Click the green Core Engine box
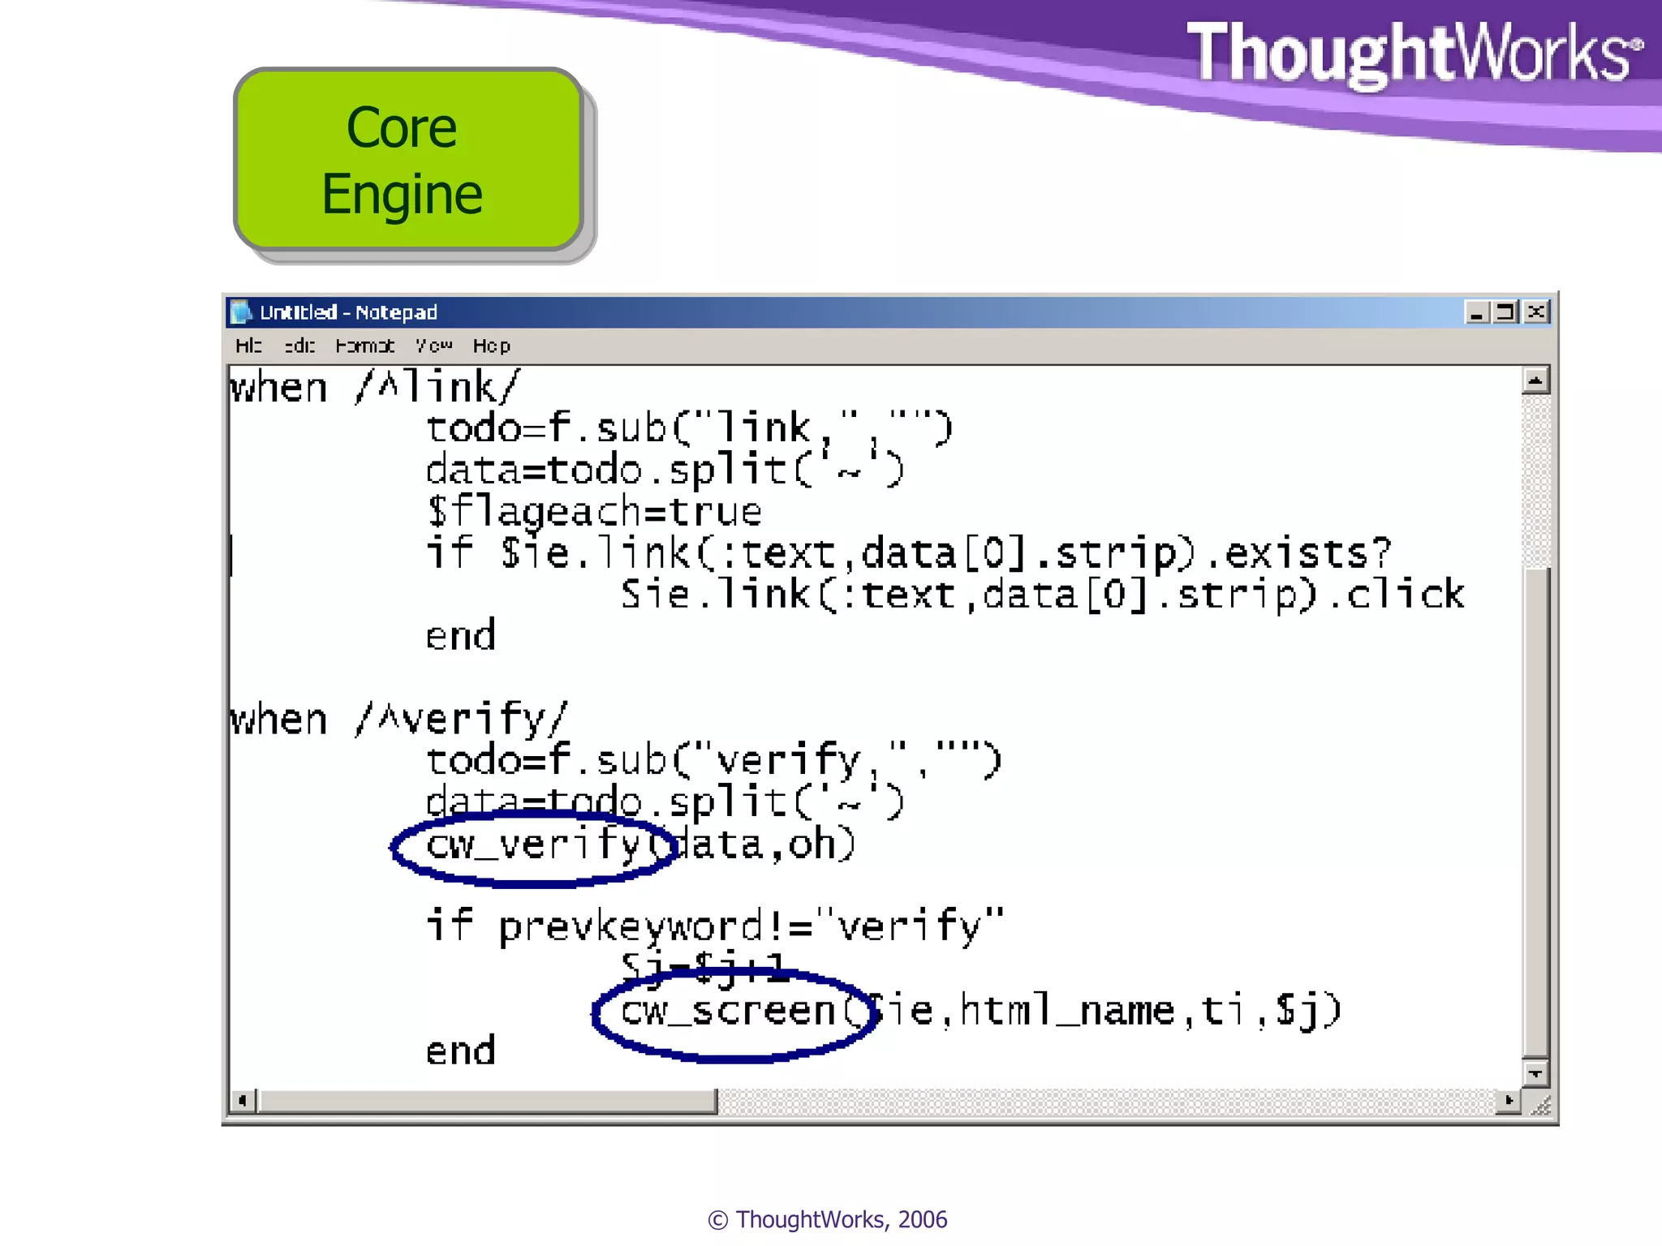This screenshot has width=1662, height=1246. coord(408,160)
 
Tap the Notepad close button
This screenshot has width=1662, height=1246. coord(1535,312)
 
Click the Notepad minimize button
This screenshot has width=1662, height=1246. coord(1476,312)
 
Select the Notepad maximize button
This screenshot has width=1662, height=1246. coord(1506,312)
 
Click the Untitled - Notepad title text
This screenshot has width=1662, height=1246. coord(348,312)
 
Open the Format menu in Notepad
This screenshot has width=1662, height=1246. coord(364,346)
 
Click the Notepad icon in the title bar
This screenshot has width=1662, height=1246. coord(240,312)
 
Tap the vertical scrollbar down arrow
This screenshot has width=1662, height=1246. coord(1535,1073)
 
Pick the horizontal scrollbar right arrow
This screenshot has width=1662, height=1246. coord(1508,1101)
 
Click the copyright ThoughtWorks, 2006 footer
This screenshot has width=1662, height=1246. coord(828,1219)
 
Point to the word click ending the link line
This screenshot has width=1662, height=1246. coord(1406,595)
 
